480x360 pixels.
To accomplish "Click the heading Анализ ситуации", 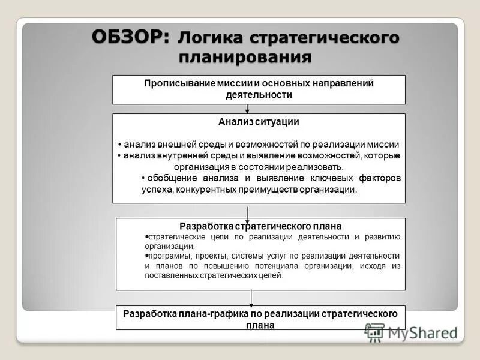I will [x=259, y=121].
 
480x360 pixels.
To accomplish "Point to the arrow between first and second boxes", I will [x=247, y=109].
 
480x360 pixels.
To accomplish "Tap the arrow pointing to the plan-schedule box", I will [x=251, y=298].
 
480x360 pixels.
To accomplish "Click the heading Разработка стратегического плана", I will [x=260, y=226].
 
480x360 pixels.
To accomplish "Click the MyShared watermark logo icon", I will [x=374, y=332].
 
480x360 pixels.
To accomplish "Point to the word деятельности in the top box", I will [x=259, y=94].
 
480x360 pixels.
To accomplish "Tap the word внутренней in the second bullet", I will [x=188, y=155].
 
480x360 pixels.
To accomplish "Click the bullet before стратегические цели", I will [x=147, y=236].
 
